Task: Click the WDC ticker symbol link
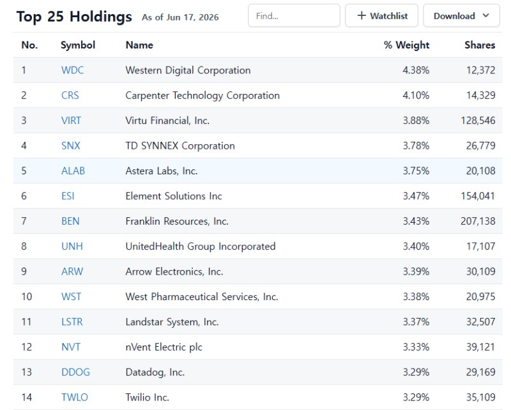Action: [x=72, y=70]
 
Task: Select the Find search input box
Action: [x=294, y=15]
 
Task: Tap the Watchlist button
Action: [x=381, y=15]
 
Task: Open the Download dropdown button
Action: [x=461, y=15]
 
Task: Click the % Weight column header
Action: [x=406, y=45]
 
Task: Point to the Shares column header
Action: [x=480, y=45]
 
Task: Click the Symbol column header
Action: [x=78, y=45]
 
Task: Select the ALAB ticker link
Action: [x=73, y=171]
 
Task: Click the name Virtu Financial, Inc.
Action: [x=167, y=121]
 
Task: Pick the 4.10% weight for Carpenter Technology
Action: [x=416, y=95]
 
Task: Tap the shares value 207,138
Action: [x=478, y=221]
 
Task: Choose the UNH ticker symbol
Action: [x=72, y=246]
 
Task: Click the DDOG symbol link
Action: [x=75, y=372]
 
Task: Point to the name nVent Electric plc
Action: [x=164, y=347]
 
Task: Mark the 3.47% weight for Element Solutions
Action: [x=416, y=196]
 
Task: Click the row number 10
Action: [x=27, y=296]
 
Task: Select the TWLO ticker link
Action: [x=75, y=397]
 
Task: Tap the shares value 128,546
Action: [x=478, y=121]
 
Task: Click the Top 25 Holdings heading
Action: [x=74, y=17]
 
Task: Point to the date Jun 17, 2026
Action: [x=192, y=17]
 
